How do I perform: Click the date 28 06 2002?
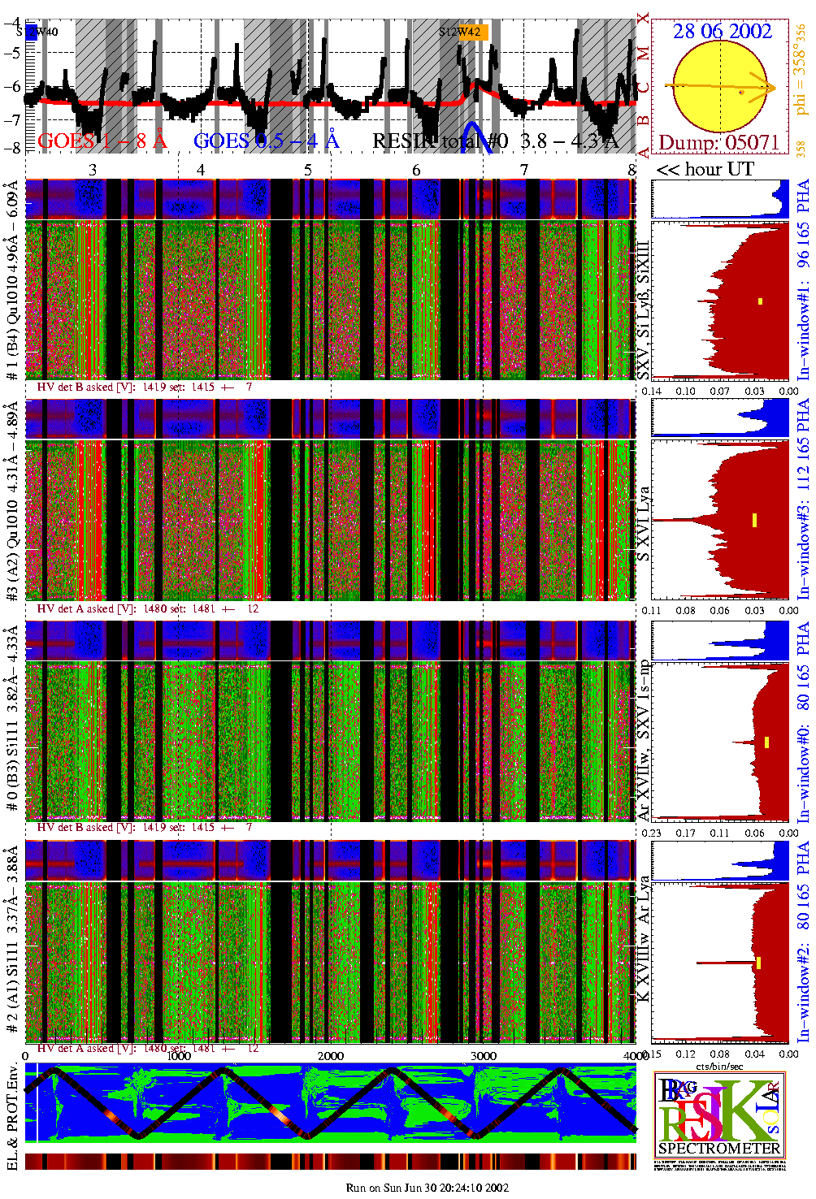(x=722, y=31)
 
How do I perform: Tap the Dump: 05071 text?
(x=718, y=143)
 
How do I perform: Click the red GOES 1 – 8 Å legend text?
(x=102, y=141)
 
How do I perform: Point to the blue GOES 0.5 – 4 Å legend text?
(x=267, y=141)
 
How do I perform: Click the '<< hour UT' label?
(x=705, y=169)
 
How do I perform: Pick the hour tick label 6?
(x=416, y=170)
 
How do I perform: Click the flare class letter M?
(x=644, y=54)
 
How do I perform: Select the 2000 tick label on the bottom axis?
(x=331, y=1056)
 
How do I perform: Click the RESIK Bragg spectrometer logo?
(x=719, y=1117)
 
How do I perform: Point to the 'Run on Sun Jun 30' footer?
(x=428, y=1188)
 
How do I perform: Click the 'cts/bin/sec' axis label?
(x=720, y=1066)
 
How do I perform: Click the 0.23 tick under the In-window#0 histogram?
(x=652, y=833)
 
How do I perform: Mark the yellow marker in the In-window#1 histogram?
(x=760, y=301)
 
